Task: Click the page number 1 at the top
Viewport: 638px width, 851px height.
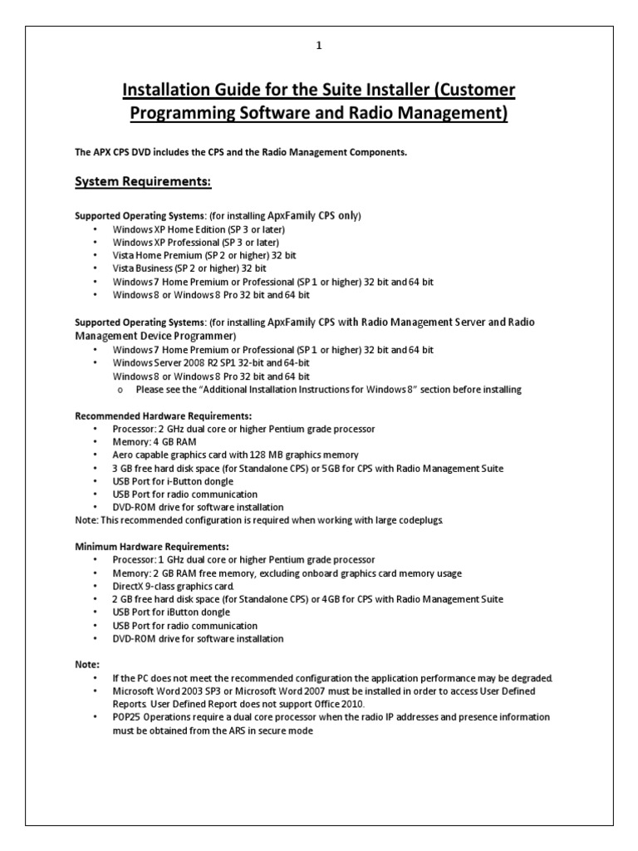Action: coord(318,47)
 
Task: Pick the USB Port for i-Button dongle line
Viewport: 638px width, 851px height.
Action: coord(173,481)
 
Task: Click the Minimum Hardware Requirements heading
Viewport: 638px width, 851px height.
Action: coord(151,547)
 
